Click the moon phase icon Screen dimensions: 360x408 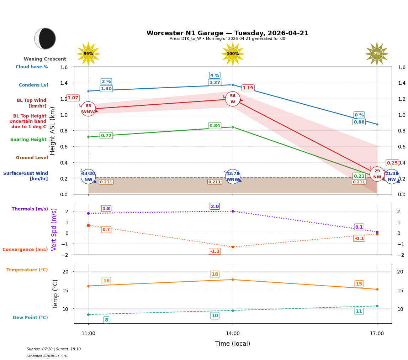point(45,38)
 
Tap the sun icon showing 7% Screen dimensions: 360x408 point(377,54)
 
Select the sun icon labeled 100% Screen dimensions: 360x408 point(233,54)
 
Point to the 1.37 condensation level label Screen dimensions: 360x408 point(214,83)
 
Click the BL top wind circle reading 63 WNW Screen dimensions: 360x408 point(88,109)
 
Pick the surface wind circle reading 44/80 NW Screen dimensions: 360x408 point(88,177)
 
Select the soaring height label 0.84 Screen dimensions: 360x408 point(214,126)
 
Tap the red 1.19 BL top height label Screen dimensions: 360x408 point(248,88)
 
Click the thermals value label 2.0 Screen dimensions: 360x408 point(215,207)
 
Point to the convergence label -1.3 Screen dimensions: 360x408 point(215,251)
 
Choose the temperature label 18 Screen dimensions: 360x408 point(215,274)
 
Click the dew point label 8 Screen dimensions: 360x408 point(106,320)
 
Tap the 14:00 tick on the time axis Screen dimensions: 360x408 point(233,334)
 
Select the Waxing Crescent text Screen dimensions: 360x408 point(45,59)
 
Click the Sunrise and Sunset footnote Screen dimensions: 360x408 point(54,349)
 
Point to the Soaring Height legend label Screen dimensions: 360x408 point(28,140)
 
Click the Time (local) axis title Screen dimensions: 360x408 point(233,344)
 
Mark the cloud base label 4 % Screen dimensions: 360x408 point(214,75)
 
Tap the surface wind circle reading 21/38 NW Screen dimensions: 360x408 point(392,177)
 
